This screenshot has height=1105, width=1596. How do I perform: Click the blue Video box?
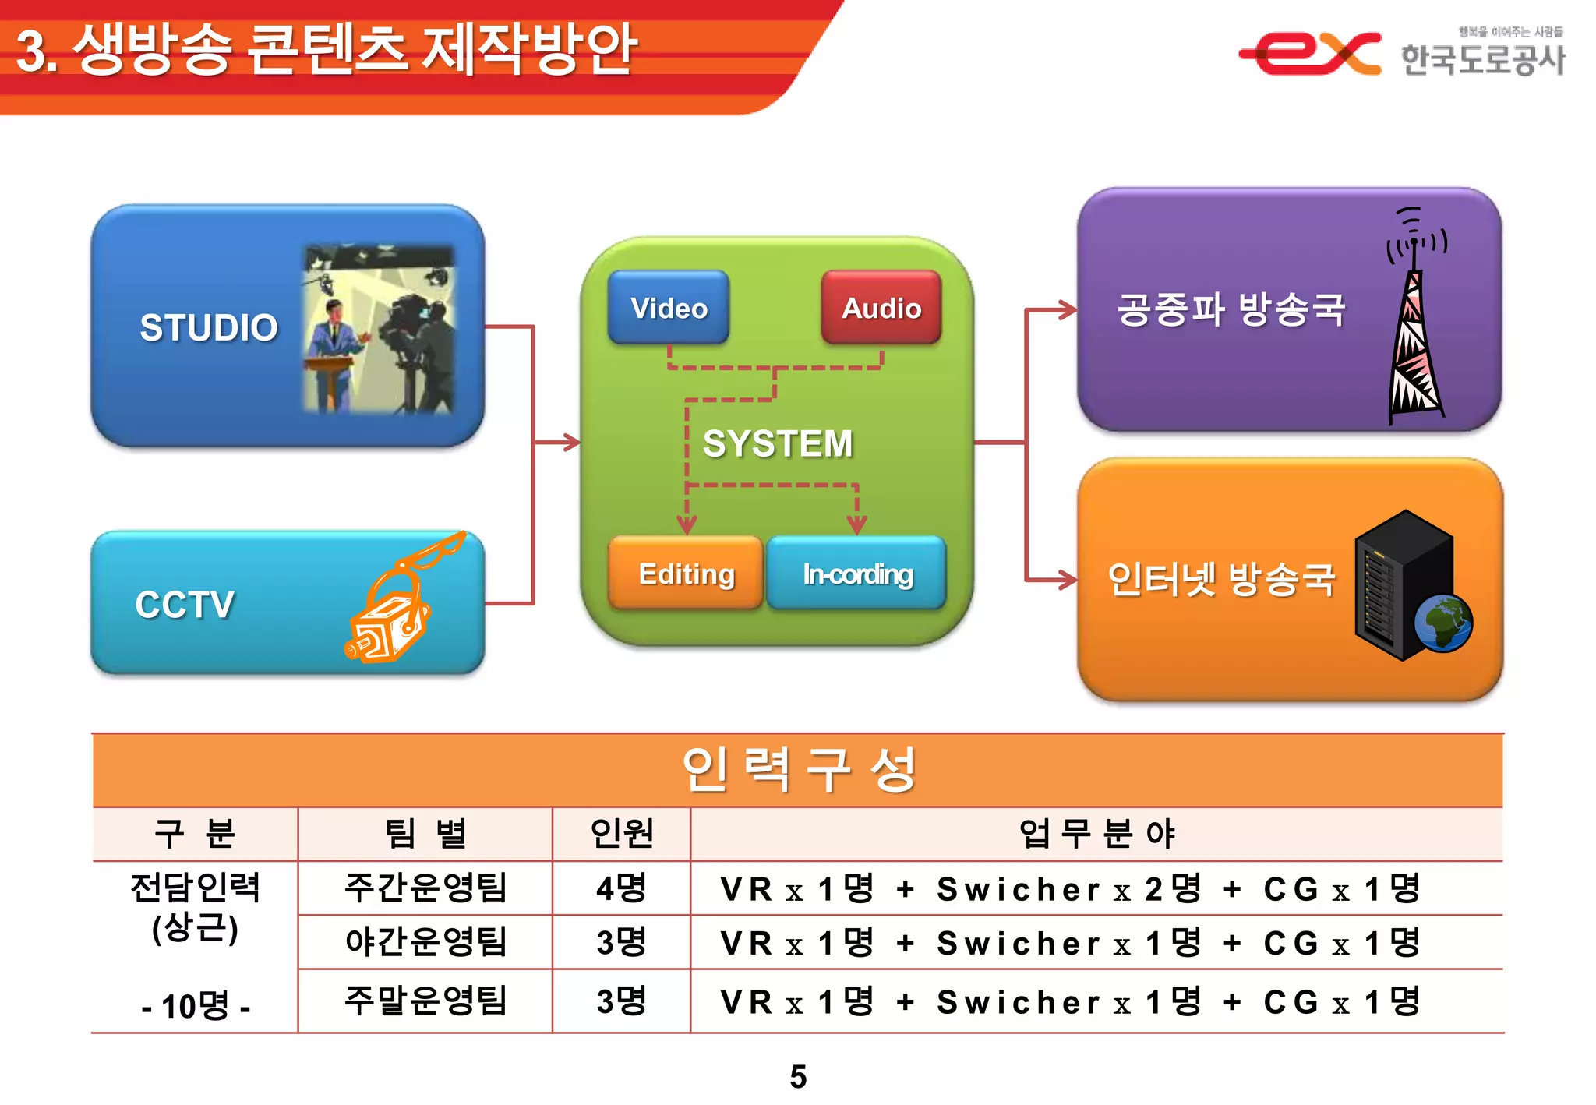669,308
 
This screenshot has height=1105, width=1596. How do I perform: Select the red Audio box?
881,308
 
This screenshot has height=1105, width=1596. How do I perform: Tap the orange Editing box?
686,574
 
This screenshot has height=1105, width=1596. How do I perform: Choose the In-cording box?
857,574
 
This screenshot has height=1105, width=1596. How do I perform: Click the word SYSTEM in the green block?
778,443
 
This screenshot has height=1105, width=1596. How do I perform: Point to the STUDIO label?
208,327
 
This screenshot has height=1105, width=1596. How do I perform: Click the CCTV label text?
185,604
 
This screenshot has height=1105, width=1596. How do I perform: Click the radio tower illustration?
1414,327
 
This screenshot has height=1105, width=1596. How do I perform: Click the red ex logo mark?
1309,53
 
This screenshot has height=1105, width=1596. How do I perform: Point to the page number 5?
798,1077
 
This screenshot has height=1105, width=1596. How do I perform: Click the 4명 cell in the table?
621,888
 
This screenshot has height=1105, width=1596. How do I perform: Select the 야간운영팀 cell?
425,942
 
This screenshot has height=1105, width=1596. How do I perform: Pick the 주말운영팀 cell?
425,1001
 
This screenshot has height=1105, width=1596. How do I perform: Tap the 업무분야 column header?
1096,834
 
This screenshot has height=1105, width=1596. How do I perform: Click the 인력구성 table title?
798,770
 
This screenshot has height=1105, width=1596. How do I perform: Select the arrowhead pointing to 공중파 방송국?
1068,310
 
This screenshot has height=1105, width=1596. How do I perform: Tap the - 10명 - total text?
196,1006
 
